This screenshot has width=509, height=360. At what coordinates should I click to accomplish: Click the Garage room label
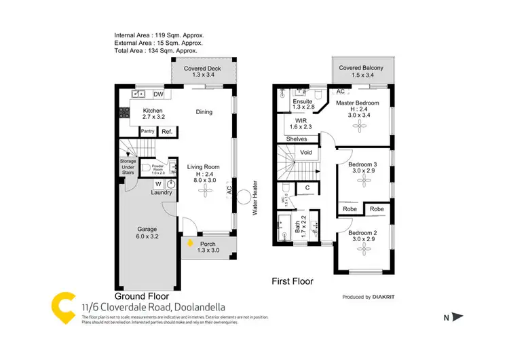(147, 232)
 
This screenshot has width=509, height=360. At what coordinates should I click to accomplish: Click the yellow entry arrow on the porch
(189, 242)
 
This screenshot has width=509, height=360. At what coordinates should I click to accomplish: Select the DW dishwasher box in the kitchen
(158, 94)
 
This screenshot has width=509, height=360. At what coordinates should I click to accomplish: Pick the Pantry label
(147, 131)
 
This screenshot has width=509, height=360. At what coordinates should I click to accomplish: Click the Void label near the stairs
(305, 153)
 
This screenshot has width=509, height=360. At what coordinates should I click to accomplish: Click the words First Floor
(292, 281)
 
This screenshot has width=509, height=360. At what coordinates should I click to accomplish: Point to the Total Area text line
(157, 51)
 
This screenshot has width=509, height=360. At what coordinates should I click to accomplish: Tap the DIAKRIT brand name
(390, 297)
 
